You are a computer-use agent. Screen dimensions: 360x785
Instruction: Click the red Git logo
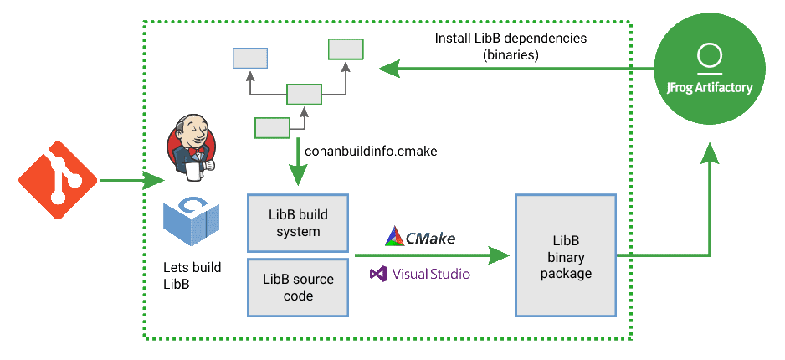(55, 180)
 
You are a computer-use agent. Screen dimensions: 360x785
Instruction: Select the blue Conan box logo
(192, 224)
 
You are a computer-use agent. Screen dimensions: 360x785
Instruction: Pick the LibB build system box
(298, 222)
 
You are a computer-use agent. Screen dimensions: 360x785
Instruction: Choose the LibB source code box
(298, 287)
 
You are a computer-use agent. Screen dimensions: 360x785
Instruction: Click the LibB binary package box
(566, 255)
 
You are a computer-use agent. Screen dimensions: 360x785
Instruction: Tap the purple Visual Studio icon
(379, 273)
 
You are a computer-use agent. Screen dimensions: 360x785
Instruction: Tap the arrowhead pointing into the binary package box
(500, 255)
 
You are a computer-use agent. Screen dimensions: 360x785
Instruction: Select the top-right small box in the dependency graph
(345, 49)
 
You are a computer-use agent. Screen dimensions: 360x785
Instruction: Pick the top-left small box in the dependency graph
(249, 58)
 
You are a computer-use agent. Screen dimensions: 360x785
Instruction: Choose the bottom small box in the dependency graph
(271, 127)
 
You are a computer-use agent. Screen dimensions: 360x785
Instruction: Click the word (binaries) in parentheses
(511, 55)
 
